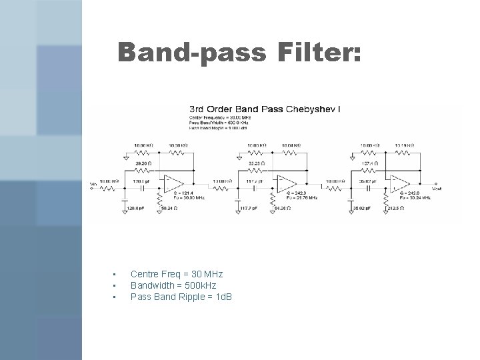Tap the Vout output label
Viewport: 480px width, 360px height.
(437, 189)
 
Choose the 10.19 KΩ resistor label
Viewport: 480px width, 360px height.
(405, 145)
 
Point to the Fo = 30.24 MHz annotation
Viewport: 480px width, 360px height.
(412, 198)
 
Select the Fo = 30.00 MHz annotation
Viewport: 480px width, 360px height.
(187, 198)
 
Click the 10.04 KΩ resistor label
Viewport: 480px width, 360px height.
(291, 145)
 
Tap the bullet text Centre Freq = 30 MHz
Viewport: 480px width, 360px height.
(177, 274)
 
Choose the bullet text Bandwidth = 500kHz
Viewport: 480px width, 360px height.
(173, 285)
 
